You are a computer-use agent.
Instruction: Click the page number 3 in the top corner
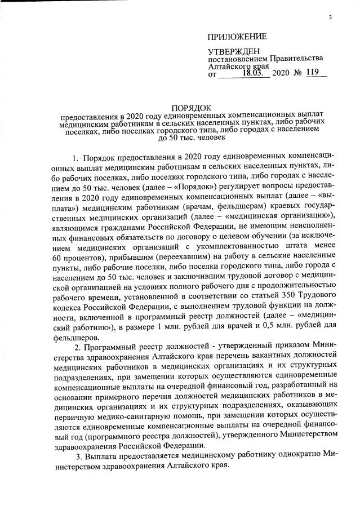[x=331, y=16]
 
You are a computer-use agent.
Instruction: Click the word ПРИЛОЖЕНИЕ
[x=237, y=38]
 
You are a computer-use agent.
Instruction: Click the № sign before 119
[x=296, y=73]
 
